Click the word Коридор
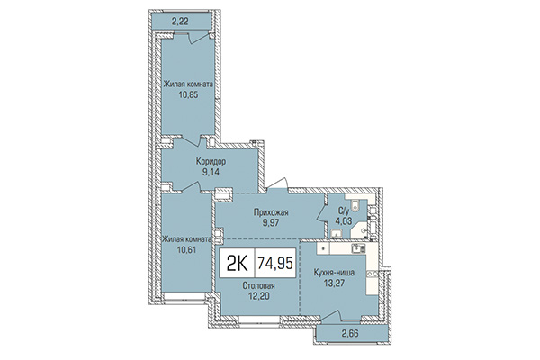(x=210, y=162)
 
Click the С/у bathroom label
(x=341, y=204)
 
